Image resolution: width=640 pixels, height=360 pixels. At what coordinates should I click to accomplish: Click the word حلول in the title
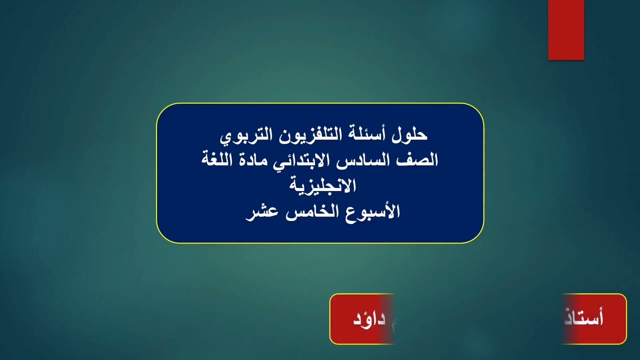coord(412,135)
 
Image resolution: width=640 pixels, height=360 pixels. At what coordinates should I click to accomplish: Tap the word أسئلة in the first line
coord(373,135)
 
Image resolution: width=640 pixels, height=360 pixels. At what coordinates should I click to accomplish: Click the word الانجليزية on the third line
coord(320,186)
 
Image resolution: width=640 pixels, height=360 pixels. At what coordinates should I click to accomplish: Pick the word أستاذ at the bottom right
coord(587,319)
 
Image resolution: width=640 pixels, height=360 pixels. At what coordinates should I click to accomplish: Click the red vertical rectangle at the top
coord(566,29)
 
